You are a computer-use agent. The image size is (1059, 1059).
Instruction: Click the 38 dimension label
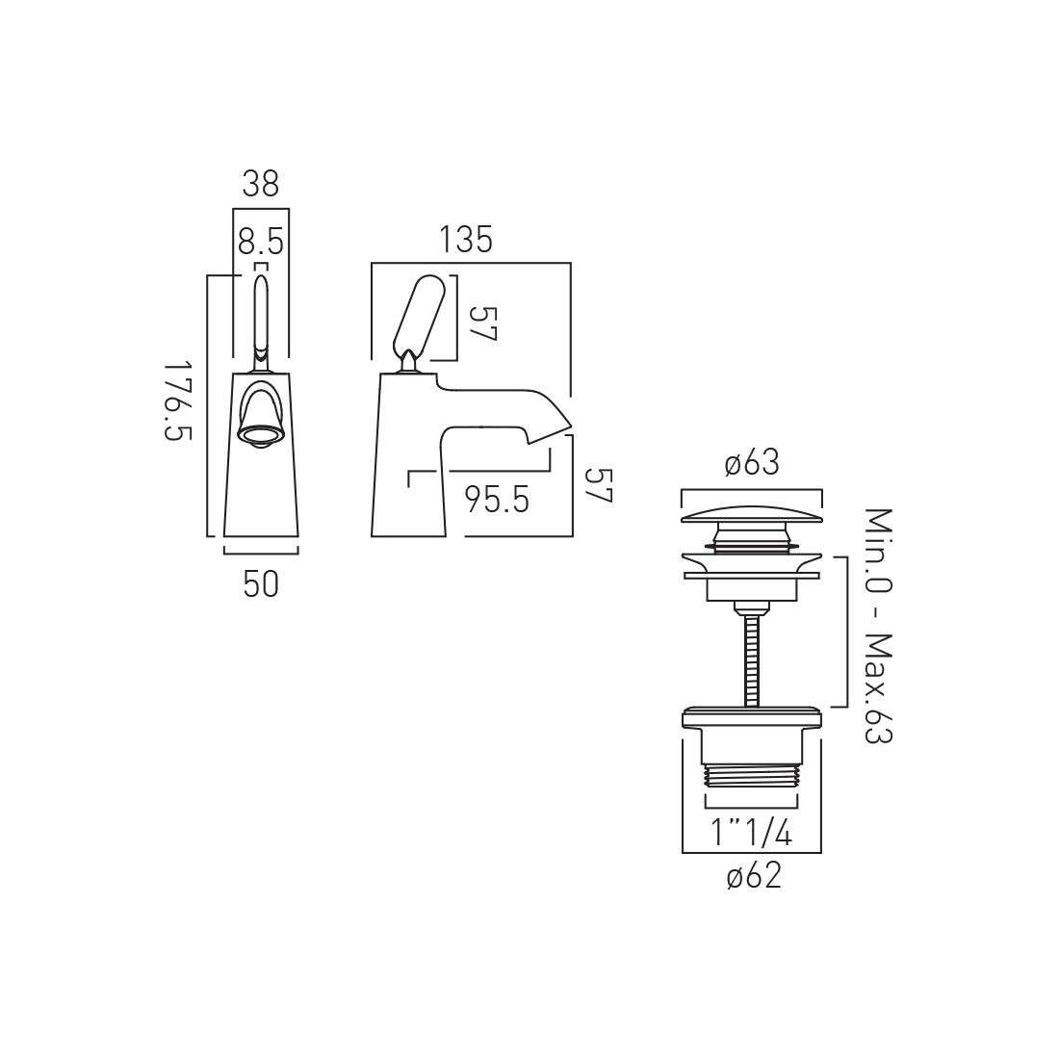[x=261, y=183]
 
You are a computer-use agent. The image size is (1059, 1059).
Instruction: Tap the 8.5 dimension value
[x=261, y=241]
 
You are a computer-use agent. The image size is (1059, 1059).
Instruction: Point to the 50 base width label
[x=261, y=584]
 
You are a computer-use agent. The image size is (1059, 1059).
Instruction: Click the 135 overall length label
[x=466, y=240]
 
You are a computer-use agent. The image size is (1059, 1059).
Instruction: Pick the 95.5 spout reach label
[x=497, y=500]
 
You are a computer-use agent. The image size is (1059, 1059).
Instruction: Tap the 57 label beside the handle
[x=483, y=324]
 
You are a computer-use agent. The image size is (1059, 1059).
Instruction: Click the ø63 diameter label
[x=752, y=463]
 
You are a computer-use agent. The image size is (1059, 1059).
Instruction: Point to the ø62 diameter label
[x=754, y=876]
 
